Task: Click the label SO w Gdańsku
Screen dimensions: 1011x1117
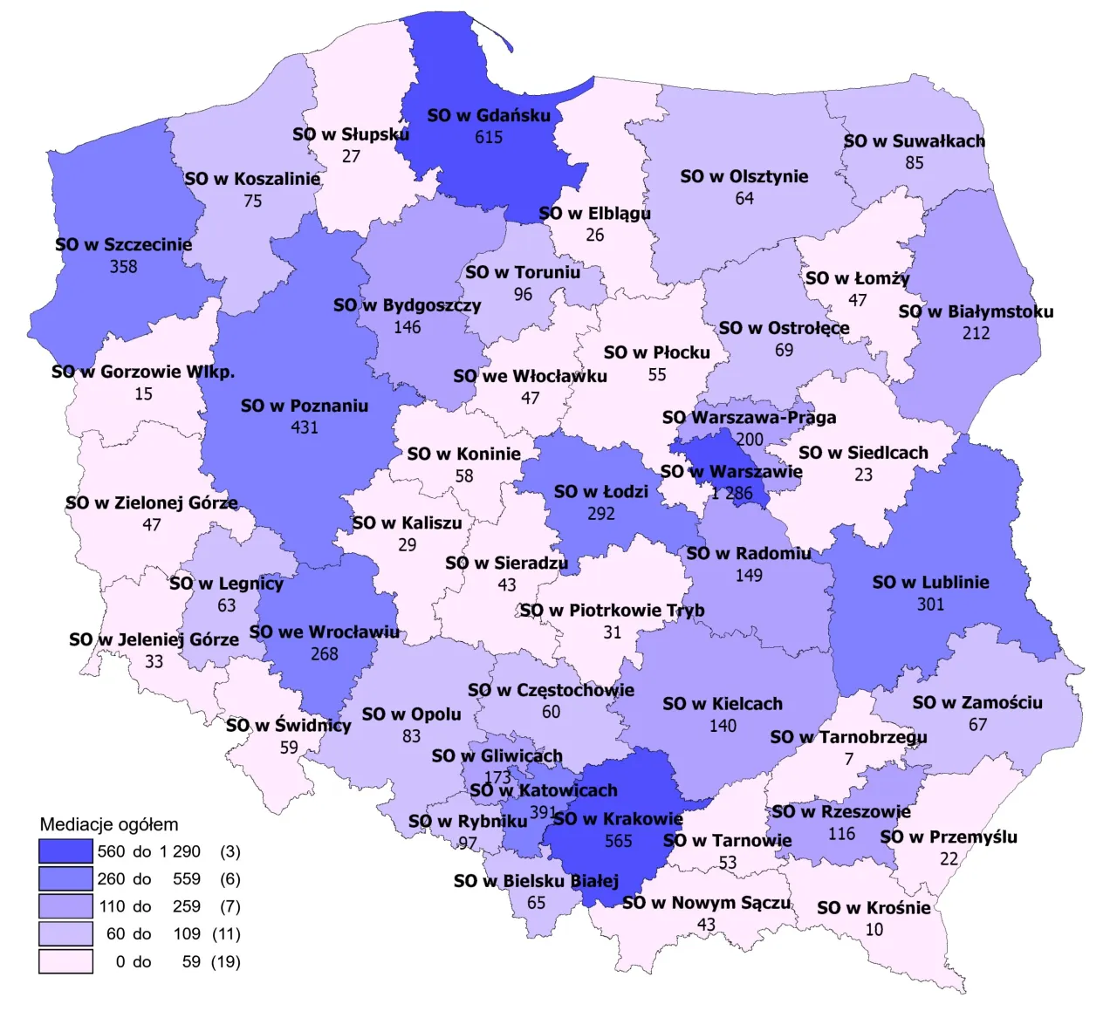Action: click(x=489, y=115)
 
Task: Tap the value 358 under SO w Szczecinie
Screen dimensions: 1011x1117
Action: click(x=123, y=267)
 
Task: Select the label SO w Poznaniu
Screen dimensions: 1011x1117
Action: click(x=304, y=406)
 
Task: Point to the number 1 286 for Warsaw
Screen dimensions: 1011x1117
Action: click(x=731, y=494)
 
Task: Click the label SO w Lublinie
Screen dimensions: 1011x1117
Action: click(x=930, y=582)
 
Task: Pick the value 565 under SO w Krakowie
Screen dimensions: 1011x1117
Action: click(x=618, y=841)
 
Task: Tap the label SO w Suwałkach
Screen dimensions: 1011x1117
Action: click(x=914, y=141)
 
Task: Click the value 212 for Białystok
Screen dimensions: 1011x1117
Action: click(x=976, y=333)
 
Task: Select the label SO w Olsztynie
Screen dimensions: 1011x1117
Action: click(x=744, y=176)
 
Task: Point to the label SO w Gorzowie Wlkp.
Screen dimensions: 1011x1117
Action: click(x=143, y=372)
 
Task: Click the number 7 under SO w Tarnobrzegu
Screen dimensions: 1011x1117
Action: click(x=848, y=759)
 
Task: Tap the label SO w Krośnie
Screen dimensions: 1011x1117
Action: click(x=874, y=908)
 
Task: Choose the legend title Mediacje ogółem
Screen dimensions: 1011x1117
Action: click(x=109, y=824)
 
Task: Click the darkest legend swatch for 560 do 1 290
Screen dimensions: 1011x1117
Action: click(x=65, y=851)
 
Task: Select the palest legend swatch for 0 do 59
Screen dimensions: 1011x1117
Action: click(x=65, y=961)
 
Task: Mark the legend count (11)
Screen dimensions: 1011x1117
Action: click(x=226, y=934)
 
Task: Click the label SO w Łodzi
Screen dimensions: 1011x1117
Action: click(x=600, y=492)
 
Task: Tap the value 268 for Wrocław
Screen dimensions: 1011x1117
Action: click(x=324, y=654)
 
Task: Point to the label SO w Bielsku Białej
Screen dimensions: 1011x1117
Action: click(x=536, y=881)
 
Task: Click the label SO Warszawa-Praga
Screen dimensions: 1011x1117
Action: click(x=749, y=417)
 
